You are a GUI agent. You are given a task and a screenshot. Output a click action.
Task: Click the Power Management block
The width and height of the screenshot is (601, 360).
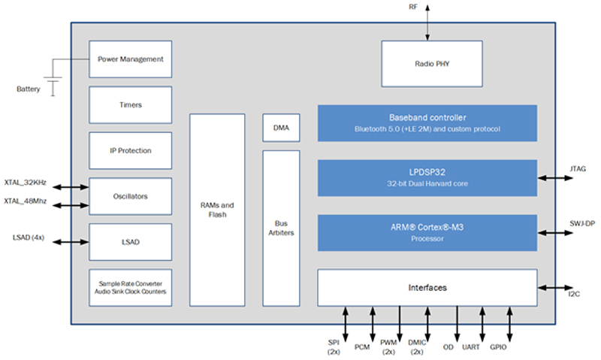pyautogui.click(x=130, y=59)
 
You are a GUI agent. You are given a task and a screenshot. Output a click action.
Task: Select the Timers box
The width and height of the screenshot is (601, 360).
pyautogui.click(x=130, y=104)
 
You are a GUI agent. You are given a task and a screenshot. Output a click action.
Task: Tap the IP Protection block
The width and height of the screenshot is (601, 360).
pyautogui.click(x=130, y=150)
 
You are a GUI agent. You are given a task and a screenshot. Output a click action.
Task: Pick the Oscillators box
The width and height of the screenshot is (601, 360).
pyautogui.click(x=130, y=196)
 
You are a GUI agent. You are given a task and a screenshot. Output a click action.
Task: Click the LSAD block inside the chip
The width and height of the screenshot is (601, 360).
pyautogui.click(x=130, y=242)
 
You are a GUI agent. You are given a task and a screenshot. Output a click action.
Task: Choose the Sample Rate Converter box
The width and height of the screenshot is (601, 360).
pyautogui.click(x=130, y=288)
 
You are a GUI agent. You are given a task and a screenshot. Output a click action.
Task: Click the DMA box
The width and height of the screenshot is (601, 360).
pyautogui.click(x=281, y=128)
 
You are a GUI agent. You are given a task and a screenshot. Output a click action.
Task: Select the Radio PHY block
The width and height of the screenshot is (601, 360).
pyautogui.click(x=432, y=64)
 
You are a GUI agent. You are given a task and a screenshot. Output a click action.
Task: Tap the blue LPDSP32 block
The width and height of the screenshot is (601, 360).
pyautogui.click(x=427, y=178)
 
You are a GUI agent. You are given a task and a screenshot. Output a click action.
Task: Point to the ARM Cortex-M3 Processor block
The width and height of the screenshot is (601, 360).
pyautogui.click(x=427, y=233)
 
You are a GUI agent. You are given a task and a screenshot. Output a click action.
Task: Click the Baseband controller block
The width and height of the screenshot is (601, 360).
pyautogui.click(x=427, y=123)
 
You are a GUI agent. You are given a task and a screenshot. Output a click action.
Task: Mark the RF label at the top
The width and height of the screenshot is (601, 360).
pyautogui.click(x=413, y=7)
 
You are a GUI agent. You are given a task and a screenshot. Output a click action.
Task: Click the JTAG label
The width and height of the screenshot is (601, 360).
pyautogui.click(x=578, y=168)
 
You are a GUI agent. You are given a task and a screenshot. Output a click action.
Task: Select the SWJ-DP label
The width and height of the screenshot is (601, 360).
pyautogui.click(x=582, y=223)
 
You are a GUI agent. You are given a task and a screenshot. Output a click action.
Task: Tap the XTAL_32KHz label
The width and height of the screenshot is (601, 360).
pyautogui.click(x=26, y=183)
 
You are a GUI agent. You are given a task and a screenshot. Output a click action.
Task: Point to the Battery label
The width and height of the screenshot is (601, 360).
pyautogui.click(x=29, y=89)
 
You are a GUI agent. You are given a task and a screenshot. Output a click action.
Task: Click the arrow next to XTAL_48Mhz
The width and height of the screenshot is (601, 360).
pyautogui.click(x=71, y=205)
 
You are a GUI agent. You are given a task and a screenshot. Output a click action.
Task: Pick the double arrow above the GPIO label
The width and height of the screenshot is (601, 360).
pyautogui.click(x=509, y=325)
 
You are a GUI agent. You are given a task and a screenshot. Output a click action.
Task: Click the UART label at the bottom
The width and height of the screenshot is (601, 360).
pyautogui.click(x=471, y=347)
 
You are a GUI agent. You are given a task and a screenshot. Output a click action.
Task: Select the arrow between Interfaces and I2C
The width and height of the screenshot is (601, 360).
pyautogui.click(x=555, y=288)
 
